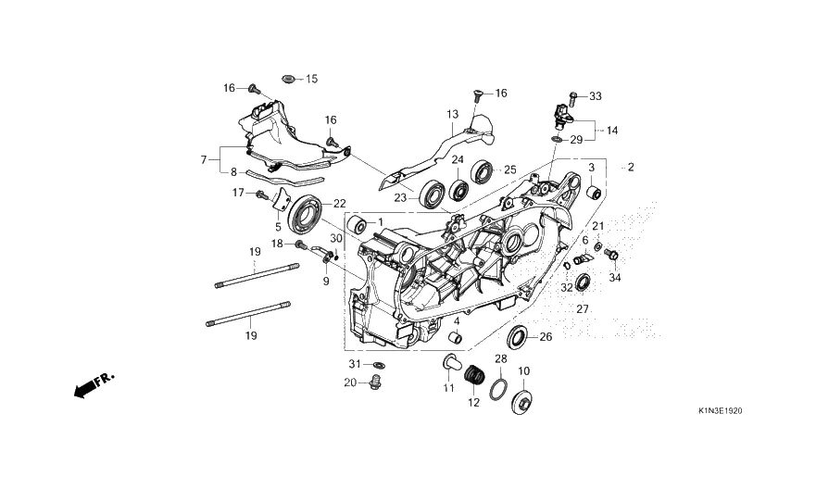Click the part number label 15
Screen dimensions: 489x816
click(311, 80)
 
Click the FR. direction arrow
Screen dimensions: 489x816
click(91, 384)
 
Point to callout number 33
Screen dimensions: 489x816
click(596, 96)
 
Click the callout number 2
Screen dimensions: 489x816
click(631, 168)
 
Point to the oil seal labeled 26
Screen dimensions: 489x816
click(520, 337)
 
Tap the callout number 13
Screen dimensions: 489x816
click(452, 115)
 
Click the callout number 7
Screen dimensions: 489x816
click(203, 160)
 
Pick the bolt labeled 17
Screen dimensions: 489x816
click(262, 194)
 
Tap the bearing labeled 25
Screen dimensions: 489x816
click(482, 170)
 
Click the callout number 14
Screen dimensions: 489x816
click(612, 131)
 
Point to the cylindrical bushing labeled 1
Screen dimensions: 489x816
click(356, 225)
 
